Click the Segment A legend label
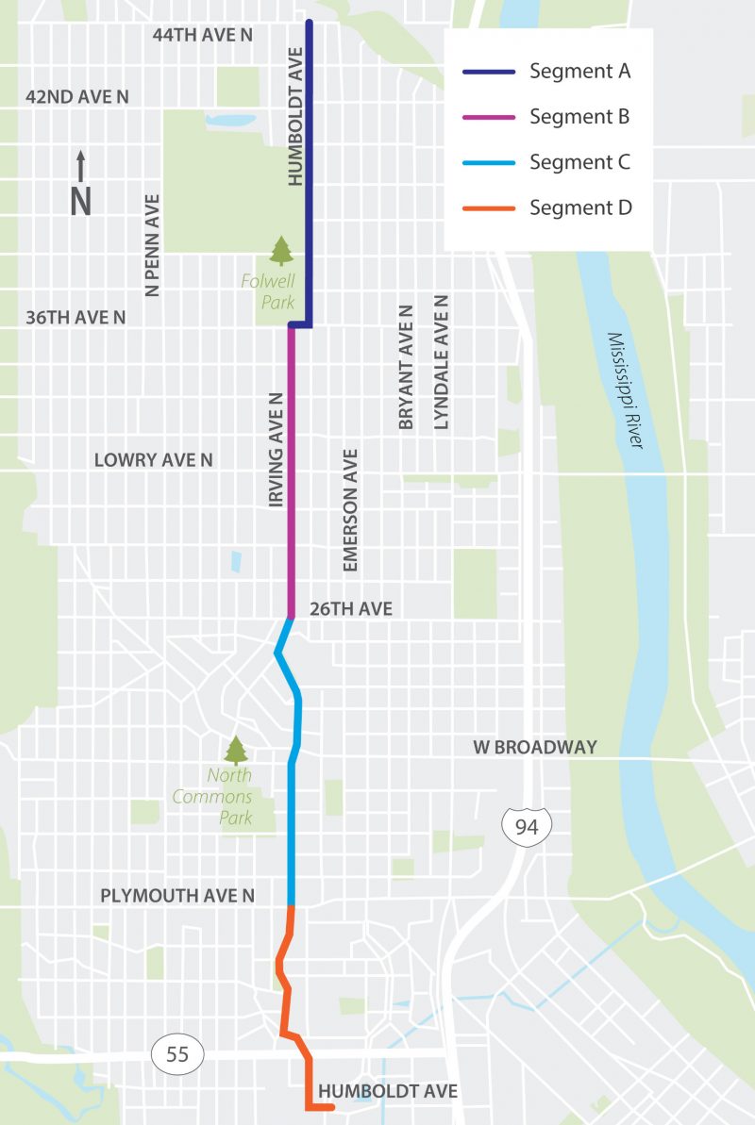click(579, 71)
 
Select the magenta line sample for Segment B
click(488, 117)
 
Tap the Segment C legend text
click(579, 162)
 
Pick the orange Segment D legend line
click(488, 207)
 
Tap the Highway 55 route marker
click(177, 1054)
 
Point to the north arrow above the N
click(81, 166)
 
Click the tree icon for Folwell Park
click(281, 251)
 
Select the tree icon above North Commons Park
click(235, 751)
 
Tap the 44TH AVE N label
click(204, 35)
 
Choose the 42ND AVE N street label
click(77, 97)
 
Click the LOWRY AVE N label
click(153, 460)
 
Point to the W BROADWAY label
click(535, 747)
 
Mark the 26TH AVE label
click(351, 609)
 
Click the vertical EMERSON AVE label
click(350, 510)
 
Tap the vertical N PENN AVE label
click(152, 245)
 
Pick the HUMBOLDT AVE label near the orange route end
click(388, 1091)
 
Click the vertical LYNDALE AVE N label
click(441, 362)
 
